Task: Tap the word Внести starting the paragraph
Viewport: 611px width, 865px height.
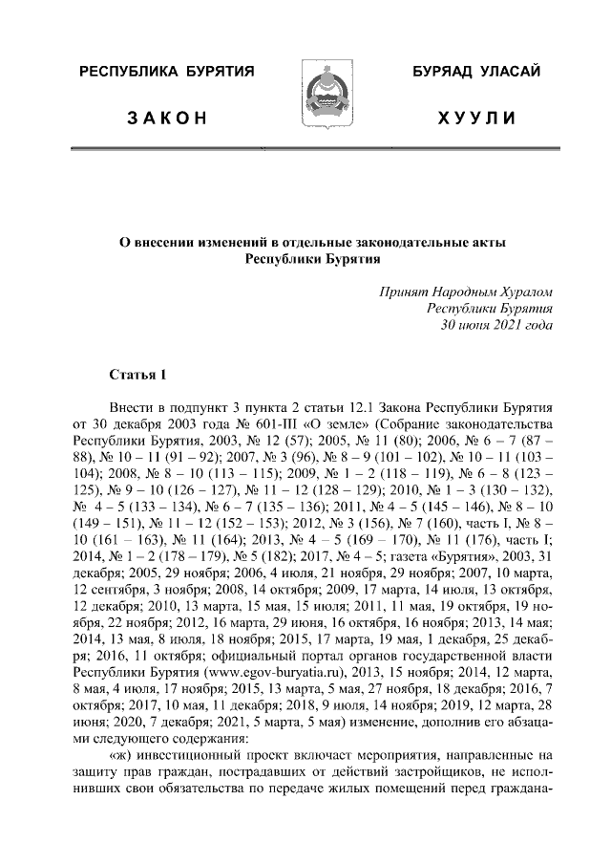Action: [x=133, y=407]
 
